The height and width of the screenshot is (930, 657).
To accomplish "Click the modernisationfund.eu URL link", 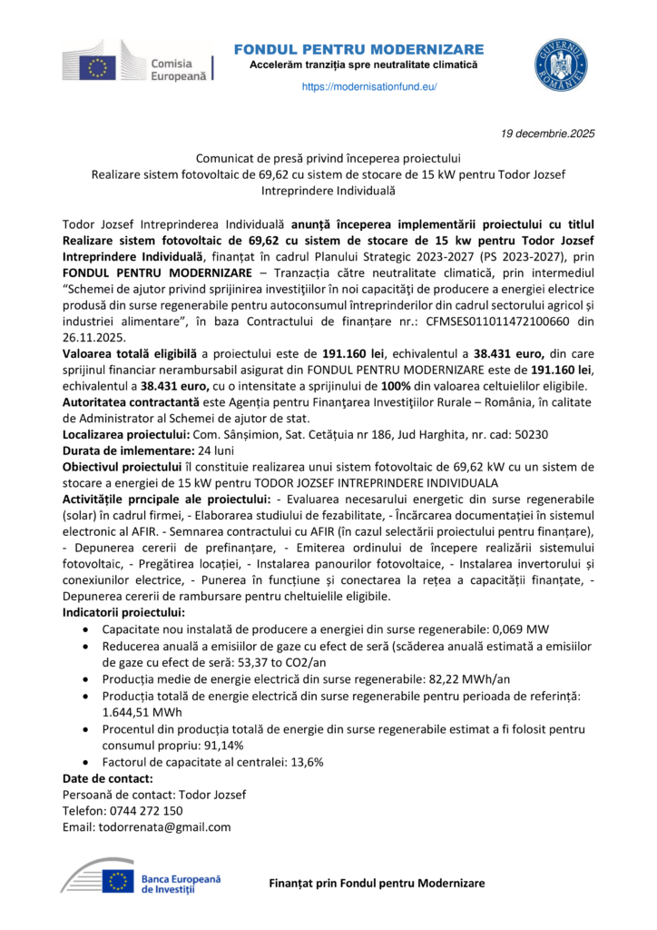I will coord(368,86).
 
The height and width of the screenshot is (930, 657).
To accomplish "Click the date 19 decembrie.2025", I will coord(548,134).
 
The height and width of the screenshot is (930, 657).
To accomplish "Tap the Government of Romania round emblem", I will coord(559,64).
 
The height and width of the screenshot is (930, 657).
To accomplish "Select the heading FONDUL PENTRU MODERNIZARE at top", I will coord(358,49).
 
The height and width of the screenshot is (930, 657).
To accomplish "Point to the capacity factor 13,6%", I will coord(304,761).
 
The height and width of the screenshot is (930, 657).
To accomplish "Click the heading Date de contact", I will coord(107,778).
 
